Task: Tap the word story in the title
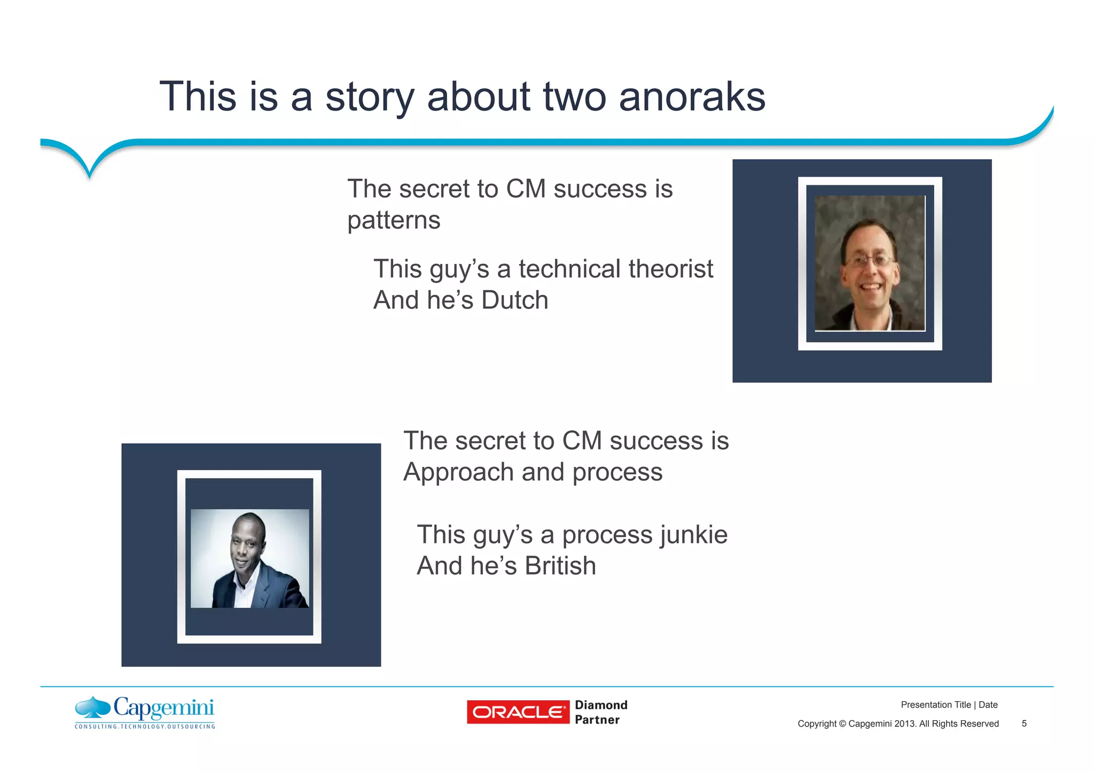coord(369,97)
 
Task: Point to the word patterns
coord(394,220)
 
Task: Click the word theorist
coord(671,269)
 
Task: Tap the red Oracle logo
coord(518,712)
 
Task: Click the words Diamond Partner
coord(600,712)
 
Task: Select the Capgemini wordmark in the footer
coord(163,708)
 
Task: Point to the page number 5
coord(1024,724)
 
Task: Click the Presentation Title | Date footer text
coord(949,705)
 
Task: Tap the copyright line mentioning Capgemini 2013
coord(897,724)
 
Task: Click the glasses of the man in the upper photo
coord(869,261)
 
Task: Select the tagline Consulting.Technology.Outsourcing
coord(145,727)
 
